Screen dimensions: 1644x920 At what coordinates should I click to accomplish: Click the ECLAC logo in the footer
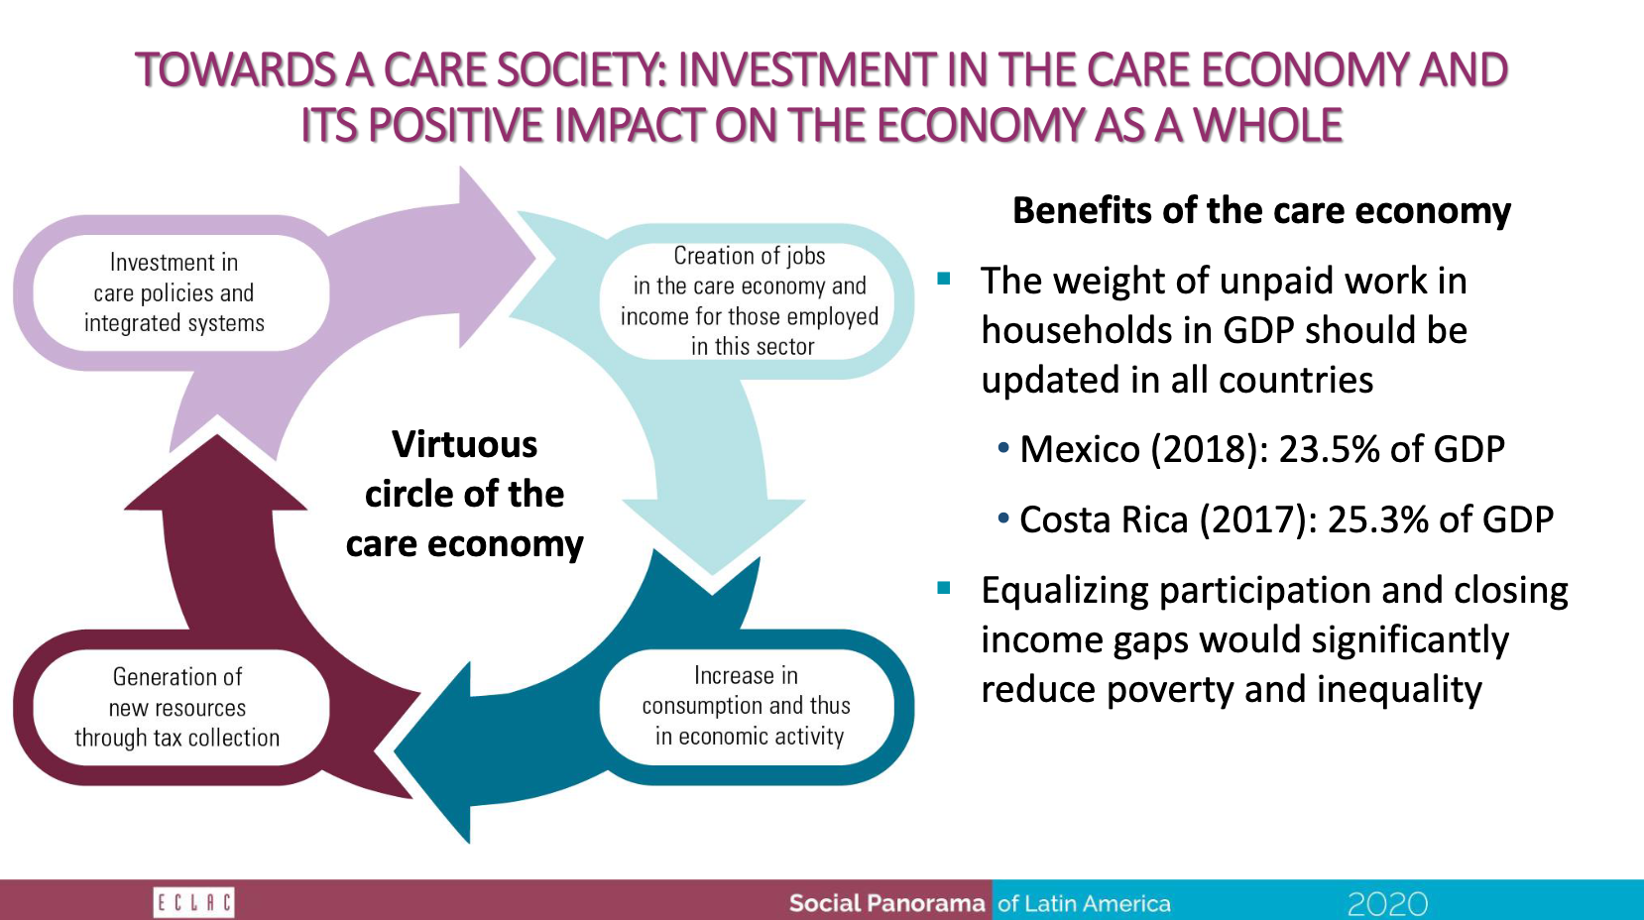[193, 902]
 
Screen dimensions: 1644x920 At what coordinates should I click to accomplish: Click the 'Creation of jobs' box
[748, 300]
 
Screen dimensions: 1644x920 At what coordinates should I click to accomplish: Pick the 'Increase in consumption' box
[748, 707]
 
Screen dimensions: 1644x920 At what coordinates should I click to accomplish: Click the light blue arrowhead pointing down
[713, 536]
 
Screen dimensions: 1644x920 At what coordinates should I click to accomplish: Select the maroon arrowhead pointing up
[216, 473]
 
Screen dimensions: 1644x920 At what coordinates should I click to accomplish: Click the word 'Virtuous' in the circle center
[465, 444]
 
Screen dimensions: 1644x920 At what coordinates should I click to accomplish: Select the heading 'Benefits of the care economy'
[1261, 211]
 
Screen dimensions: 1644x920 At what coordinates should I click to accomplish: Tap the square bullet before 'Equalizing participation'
[944, 588]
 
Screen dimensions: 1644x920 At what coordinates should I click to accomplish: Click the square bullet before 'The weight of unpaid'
[944, 278]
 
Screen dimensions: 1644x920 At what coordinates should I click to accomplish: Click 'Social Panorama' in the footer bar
[886, 903]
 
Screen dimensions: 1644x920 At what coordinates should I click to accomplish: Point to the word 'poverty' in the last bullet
[1170, 690]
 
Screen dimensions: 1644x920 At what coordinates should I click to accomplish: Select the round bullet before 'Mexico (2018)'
[1003, 448]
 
